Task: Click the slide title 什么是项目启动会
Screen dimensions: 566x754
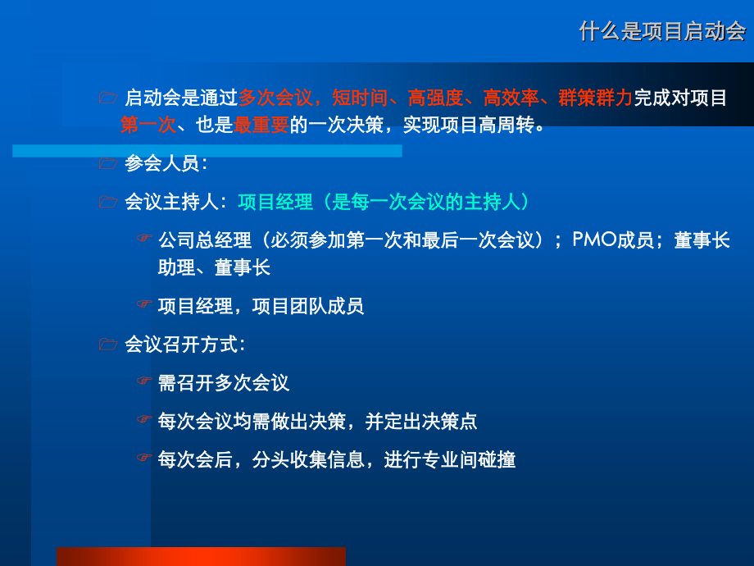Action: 662,31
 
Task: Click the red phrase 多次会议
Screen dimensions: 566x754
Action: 275,98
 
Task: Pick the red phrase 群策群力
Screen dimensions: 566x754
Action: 595,98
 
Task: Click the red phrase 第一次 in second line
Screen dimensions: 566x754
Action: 148,126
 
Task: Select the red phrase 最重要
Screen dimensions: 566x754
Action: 261,126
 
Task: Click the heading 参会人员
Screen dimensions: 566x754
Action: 161,163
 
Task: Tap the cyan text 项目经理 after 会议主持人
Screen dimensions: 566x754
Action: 275,202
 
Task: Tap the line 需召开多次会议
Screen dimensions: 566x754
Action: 224,383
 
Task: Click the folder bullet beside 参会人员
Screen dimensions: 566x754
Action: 107,163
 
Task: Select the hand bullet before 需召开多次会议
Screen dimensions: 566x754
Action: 144,381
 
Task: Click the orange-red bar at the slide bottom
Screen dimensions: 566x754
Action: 201,556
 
